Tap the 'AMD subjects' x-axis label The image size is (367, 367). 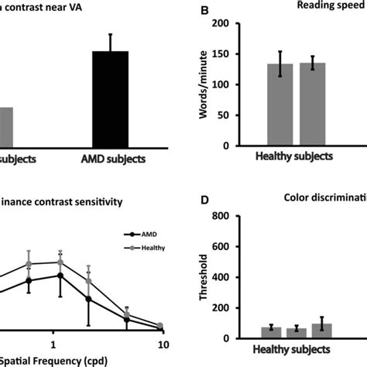(x=110, y=160)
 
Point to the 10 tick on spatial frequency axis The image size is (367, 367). (x=162, y=341)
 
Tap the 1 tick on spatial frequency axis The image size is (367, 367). (x=53, y=341)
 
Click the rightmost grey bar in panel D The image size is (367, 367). (x=321, y=331)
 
